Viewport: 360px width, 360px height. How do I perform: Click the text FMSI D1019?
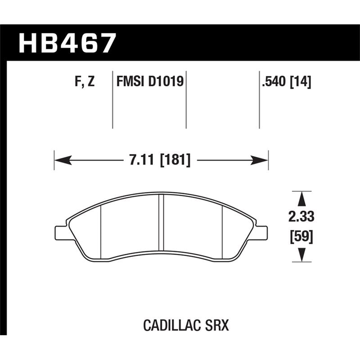(x=148, y=82)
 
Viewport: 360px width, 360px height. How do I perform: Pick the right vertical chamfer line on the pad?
(x=223, y=229)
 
